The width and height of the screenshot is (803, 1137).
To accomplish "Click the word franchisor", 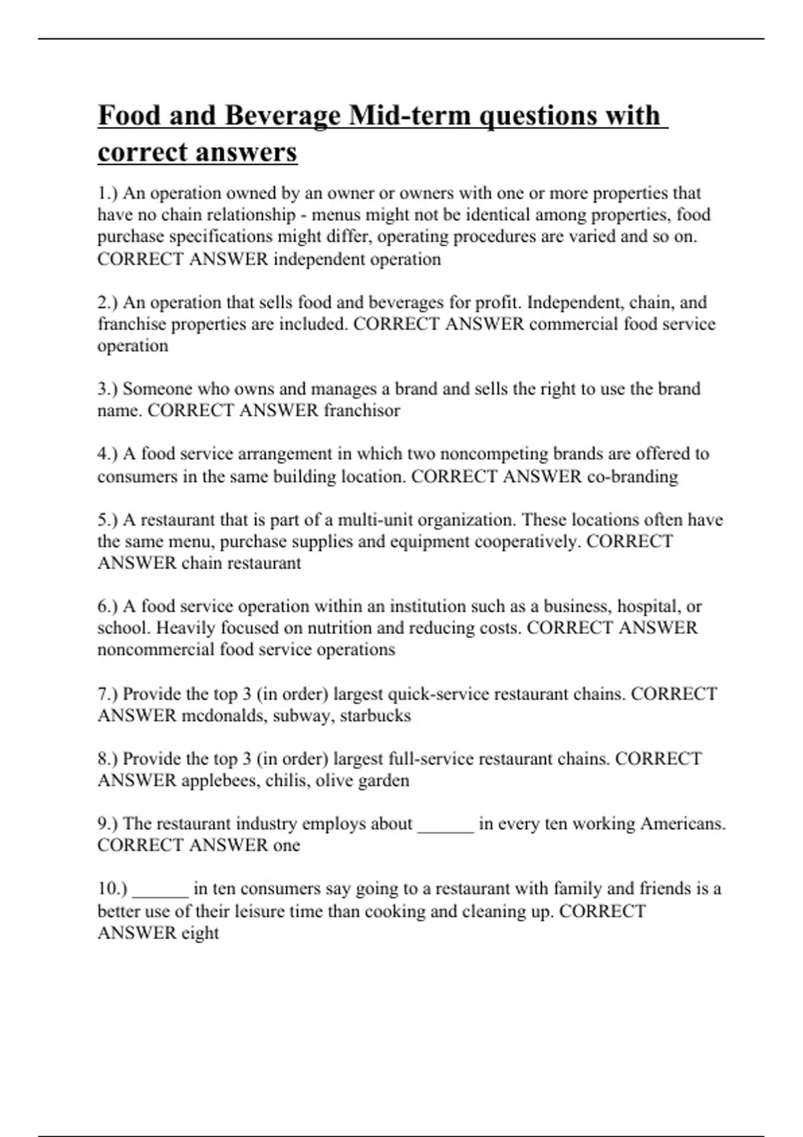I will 362,410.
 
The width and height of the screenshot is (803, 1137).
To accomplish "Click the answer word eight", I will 200,933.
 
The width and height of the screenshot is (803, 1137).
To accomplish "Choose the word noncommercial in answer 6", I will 156,649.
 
